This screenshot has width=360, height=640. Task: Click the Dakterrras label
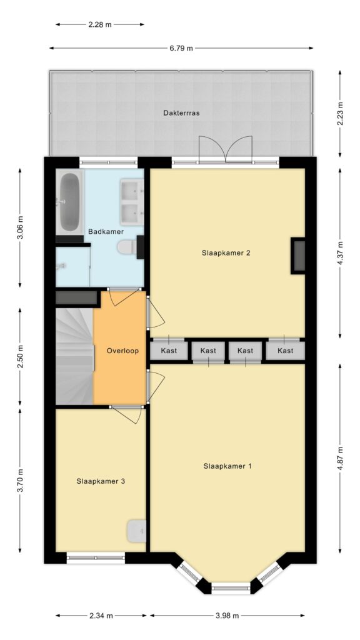[x=182, y=113]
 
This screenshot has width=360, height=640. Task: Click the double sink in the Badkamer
[x=132, y=202]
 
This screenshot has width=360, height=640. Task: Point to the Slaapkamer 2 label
[x=226, y=252]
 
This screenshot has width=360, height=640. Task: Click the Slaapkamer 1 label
[x=227, y=466]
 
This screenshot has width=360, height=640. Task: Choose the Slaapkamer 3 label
[x=101, y=481]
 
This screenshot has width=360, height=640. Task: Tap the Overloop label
[x=122, y=351]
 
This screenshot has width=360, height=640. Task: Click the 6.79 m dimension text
[x=181, y=48]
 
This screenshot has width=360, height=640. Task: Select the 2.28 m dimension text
[x=100, y=24]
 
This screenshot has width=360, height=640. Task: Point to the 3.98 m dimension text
[x=227, y=616]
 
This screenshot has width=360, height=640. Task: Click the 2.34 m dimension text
[x=101, y=616]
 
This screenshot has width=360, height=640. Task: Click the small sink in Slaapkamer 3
[x=136, y=531]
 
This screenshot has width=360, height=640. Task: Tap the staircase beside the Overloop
[x=75, y=356]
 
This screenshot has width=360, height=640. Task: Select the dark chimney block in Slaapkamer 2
[x=298, y=256]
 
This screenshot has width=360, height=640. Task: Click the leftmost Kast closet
[x=169, y=351]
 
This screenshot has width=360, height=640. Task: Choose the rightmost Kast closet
[x=286, y=351]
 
